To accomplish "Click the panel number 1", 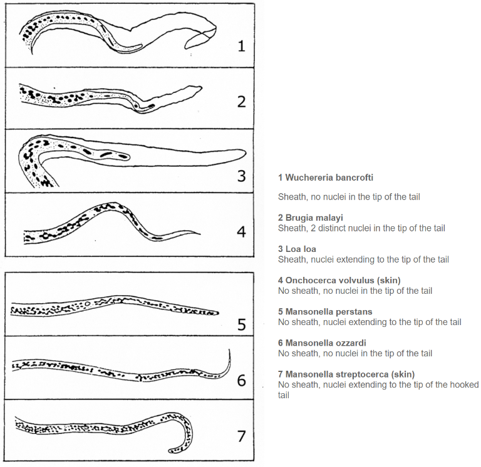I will [x=241, y=46].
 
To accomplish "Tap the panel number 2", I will [x=241, y=102].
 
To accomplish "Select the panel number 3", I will [x=241, y=176].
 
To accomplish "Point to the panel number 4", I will [x=241, y=232].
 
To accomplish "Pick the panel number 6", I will [x=241, y=379].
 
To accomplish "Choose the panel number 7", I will [x=241, y=436].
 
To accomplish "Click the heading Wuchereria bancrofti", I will [x=326, y=178].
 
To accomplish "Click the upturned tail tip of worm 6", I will [x=229, y=351].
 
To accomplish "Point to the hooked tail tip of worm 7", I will [x=171, y=451].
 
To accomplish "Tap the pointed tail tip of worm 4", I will [x=199, y=234].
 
